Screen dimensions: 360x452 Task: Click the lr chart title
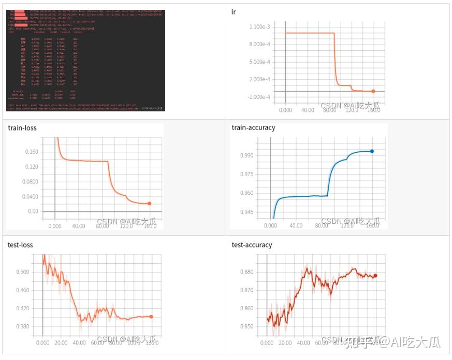(235, 11)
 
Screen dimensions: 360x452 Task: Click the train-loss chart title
(21, 127)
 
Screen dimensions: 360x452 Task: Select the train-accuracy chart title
(253, 127)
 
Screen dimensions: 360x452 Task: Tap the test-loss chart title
(20, 244)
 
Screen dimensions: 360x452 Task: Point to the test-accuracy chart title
(252, 244)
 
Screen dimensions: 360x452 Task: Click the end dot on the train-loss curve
(150, 204)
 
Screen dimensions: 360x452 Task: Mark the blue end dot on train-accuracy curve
(372, 151)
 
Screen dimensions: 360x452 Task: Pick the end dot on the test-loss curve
(151, 316)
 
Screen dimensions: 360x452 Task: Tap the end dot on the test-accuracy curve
(375, 276)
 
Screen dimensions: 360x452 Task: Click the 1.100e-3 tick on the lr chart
(263, 26)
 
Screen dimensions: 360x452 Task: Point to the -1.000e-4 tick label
(262, 97)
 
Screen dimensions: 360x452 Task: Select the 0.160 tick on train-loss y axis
(32, 152)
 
